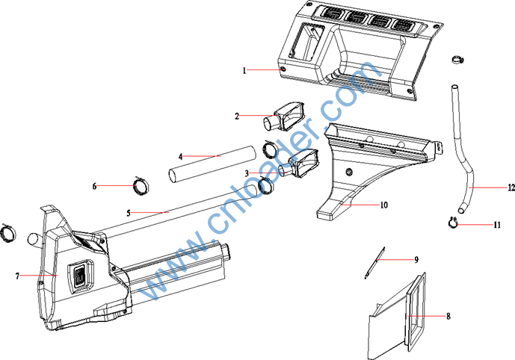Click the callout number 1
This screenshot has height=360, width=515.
coord(244,70)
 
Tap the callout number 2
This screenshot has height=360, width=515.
coord(237,117)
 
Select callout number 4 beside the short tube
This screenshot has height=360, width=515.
coord(180,157)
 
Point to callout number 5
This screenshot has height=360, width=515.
coord(129,214)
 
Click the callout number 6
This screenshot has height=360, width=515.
coord(95,187)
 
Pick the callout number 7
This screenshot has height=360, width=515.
coord(17,276)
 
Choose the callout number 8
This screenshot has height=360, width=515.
coord(448,316)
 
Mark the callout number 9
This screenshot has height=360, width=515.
coord(416,260)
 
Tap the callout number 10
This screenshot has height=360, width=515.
coord(384,205)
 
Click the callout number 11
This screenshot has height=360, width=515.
coord(497,225)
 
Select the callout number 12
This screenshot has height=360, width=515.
coord(511,187)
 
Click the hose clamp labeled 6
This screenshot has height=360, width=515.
coord(141,185)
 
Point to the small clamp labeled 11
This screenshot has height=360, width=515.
coord(453,223)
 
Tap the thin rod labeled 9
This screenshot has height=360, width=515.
coord(374,263)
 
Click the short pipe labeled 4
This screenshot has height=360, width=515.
coord(212,164)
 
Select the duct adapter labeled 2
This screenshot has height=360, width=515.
coord(284,117)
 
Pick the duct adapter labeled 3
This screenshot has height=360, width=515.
coord(298,163)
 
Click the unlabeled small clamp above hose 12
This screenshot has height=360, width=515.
coord(457,60)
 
